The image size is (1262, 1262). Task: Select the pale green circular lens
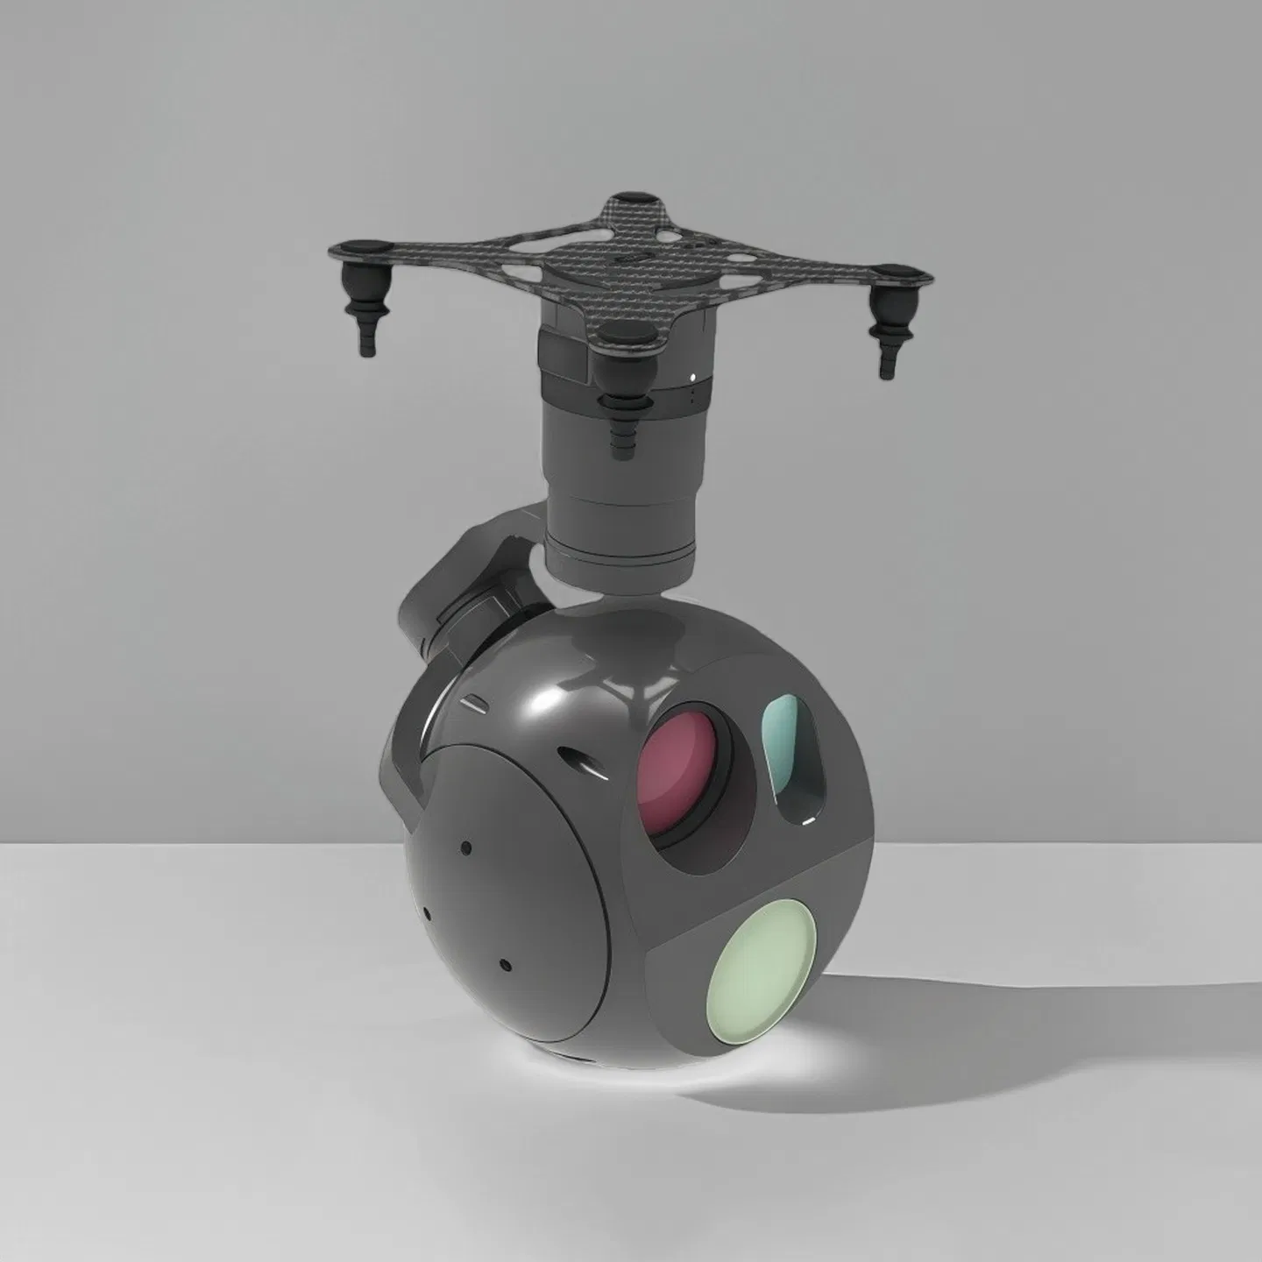click(x=762, y=970)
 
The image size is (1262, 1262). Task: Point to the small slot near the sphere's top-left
click(x=471, y=703)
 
